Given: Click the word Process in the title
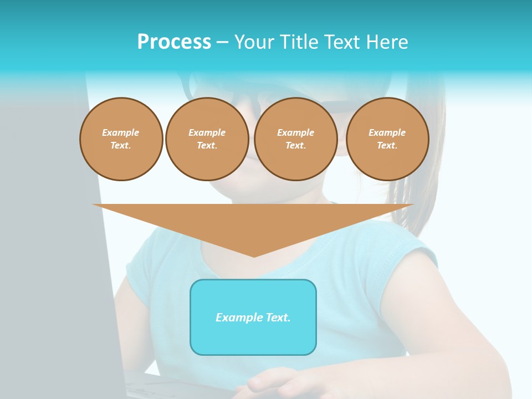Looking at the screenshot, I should click(x=174, y=42).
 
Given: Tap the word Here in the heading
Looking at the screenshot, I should click(x=386, y=42).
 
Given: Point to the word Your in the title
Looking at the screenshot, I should click(x=254, y=42).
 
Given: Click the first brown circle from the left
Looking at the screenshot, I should click(x=121, y=139).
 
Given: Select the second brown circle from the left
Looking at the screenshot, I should click(x=207, y=139).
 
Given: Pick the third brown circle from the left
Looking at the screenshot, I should click(x=296, y=139).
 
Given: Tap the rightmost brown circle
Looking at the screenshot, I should click(x=387, y=139).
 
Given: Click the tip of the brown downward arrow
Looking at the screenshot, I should click(x=254, y=255).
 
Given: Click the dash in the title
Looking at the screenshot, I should click(x=222, y=42).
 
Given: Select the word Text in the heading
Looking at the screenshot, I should click(x=342, y=42).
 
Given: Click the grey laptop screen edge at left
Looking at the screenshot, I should click(x=105, y=249).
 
